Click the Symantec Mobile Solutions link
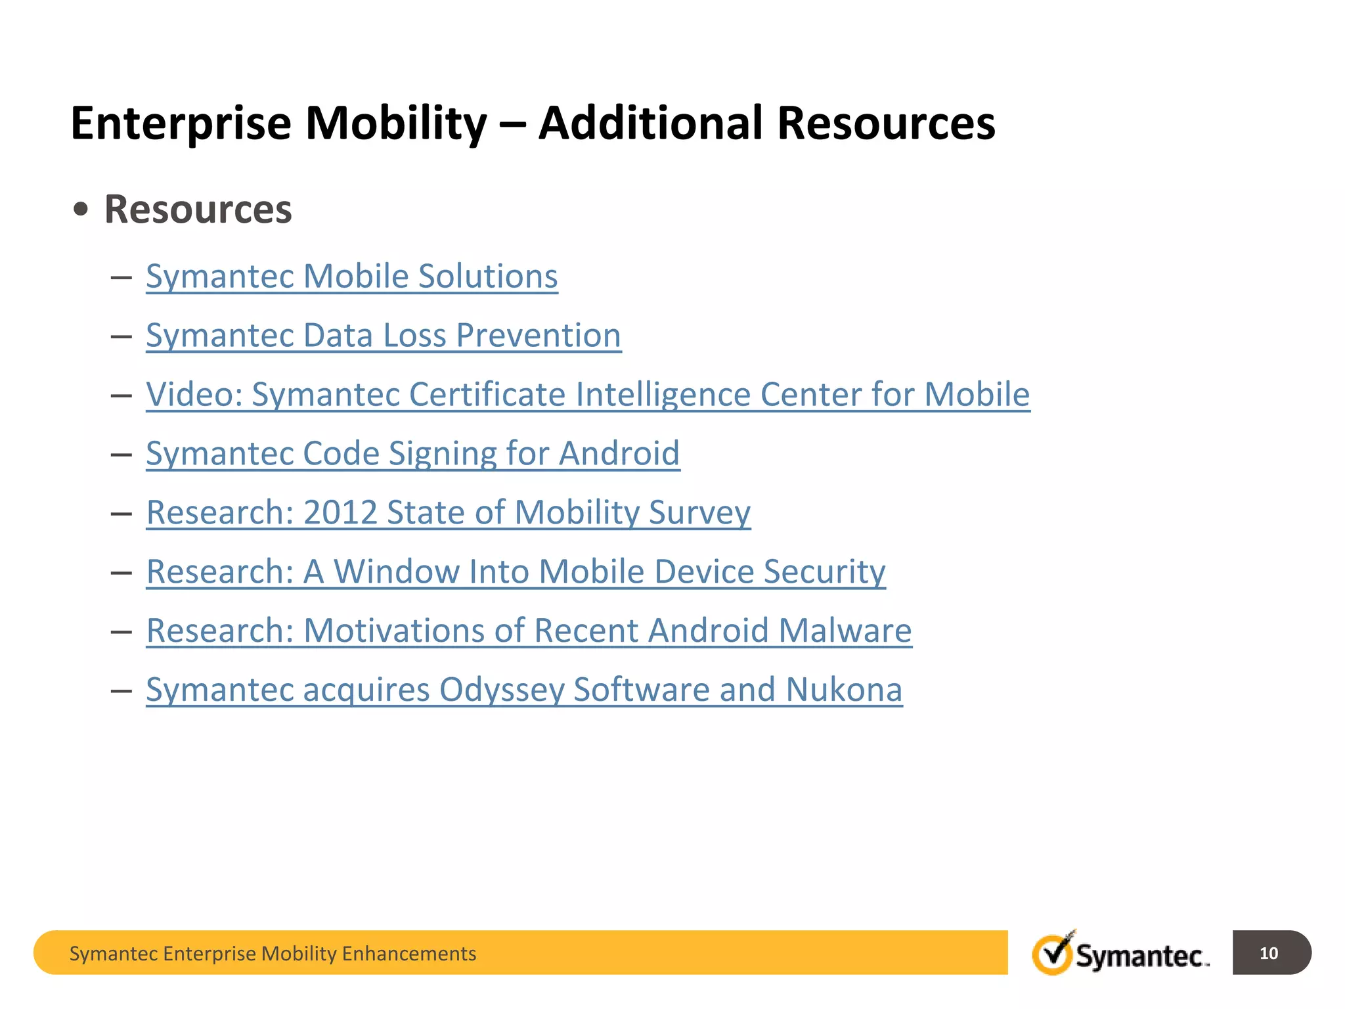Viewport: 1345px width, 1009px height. coord(351,276)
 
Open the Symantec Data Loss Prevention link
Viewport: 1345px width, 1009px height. coord(383,335)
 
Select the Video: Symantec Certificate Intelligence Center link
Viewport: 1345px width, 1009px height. coord(587,394)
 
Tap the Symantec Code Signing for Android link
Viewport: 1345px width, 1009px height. coord(412,453)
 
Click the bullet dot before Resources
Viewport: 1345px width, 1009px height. coord(81,210)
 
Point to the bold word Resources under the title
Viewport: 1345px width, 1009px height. coord(198,210)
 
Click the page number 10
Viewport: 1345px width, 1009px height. coord(1268,953)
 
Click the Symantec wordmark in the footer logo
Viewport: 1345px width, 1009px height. coord(1141,956)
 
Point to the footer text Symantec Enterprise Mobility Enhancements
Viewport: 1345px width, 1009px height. coord(273,953)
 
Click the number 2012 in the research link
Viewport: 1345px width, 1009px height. coord(340,512)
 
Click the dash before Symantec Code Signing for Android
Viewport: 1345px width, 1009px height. coord(121,454)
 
